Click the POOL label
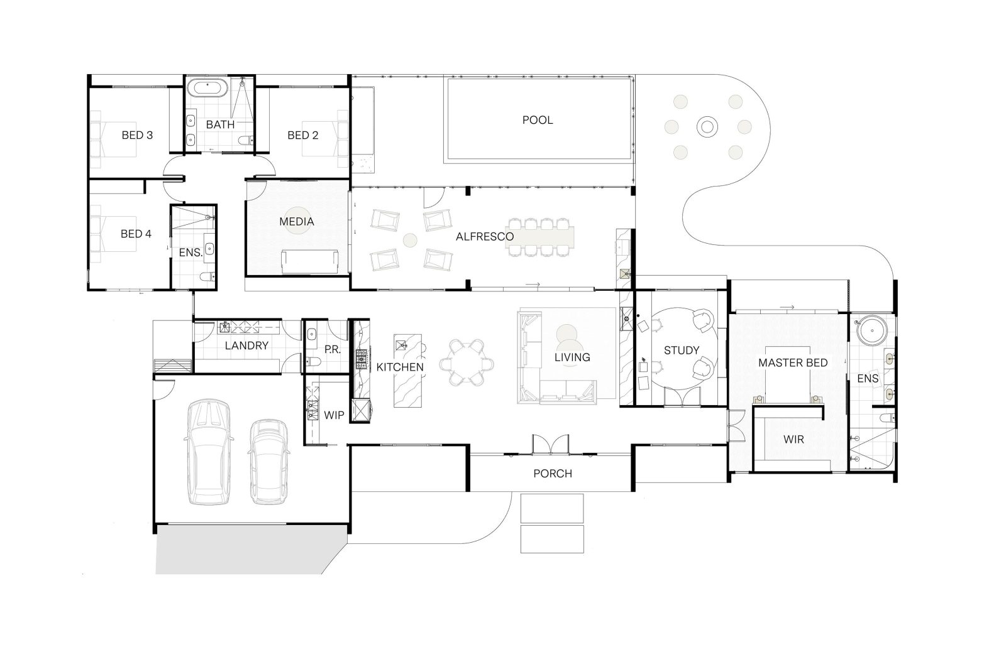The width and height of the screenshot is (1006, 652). pyautogui.click(x=537, y=120)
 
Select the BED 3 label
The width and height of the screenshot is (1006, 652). pyautogui.click(x=137, y=135)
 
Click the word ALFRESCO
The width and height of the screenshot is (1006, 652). pyautogui.click(x=485, y=236)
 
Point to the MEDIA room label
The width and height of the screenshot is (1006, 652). pyautogui.click(x=296, y=222)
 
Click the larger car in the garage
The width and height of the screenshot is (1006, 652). pyautogui.click(x=209, y=452)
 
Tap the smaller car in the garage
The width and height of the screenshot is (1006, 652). pyautogui.click(x=268, y=461)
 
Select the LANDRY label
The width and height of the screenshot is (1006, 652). pyautogui.click(x=246, y=345)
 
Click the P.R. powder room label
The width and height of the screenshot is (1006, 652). pyautogui.click(x=333, y=350)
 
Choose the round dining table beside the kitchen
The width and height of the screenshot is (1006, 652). pyautogui.click(x=467, y=362)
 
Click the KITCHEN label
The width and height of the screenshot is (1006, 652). pyautogui.click(x=400, y=367)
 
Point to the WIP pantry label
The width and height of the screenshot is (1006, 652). pyautogui.click(x=334, y=415)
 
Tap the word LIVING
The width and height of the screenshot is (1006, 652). pyautogui.click(x=572, y=357)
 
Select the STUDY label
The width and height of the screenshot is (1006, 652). pyautogui.click(x=682, y=350)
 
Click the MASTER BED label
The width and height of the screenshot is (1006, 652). pyautogui.click(x=793, y=362)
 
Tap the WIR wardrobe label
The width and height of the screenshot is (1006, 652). pyautogui.click(x=793, y=439)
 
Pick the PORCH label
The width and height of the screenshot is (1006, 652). pyautogui.click(x=553, y=474)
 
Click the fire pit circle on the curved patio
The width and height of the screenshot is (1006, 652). pyautogui.click(x=707, y=126)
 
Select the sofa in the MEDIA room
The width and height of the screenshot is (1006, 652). pyautogui.click(x=309, y=262)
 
